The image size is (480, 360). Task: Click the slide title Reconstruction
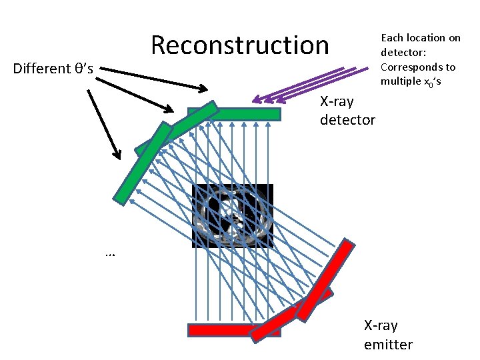click(x=239, y=45)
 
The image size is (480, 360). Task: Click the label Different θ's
click(x=53, y=68)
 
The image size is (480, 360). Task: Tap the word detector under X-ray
click(x=347, y=121)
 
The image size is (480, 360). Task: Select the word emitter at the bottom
click(x=388, y=344)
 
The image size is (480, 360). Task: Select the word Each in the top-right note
click(x=391, y=38)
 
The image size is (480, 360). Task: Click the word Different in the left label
click(x=41, y=68)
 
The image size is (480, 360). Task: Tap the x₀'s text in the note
click(x=434, y=82)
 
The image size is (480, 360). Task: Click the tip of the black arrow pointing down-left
click(x=119, y=158)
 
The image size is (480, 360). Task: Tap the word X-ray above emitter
click(x=381, y=325)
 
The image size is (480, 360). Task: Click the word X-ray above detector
click(x=337, y=102)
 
